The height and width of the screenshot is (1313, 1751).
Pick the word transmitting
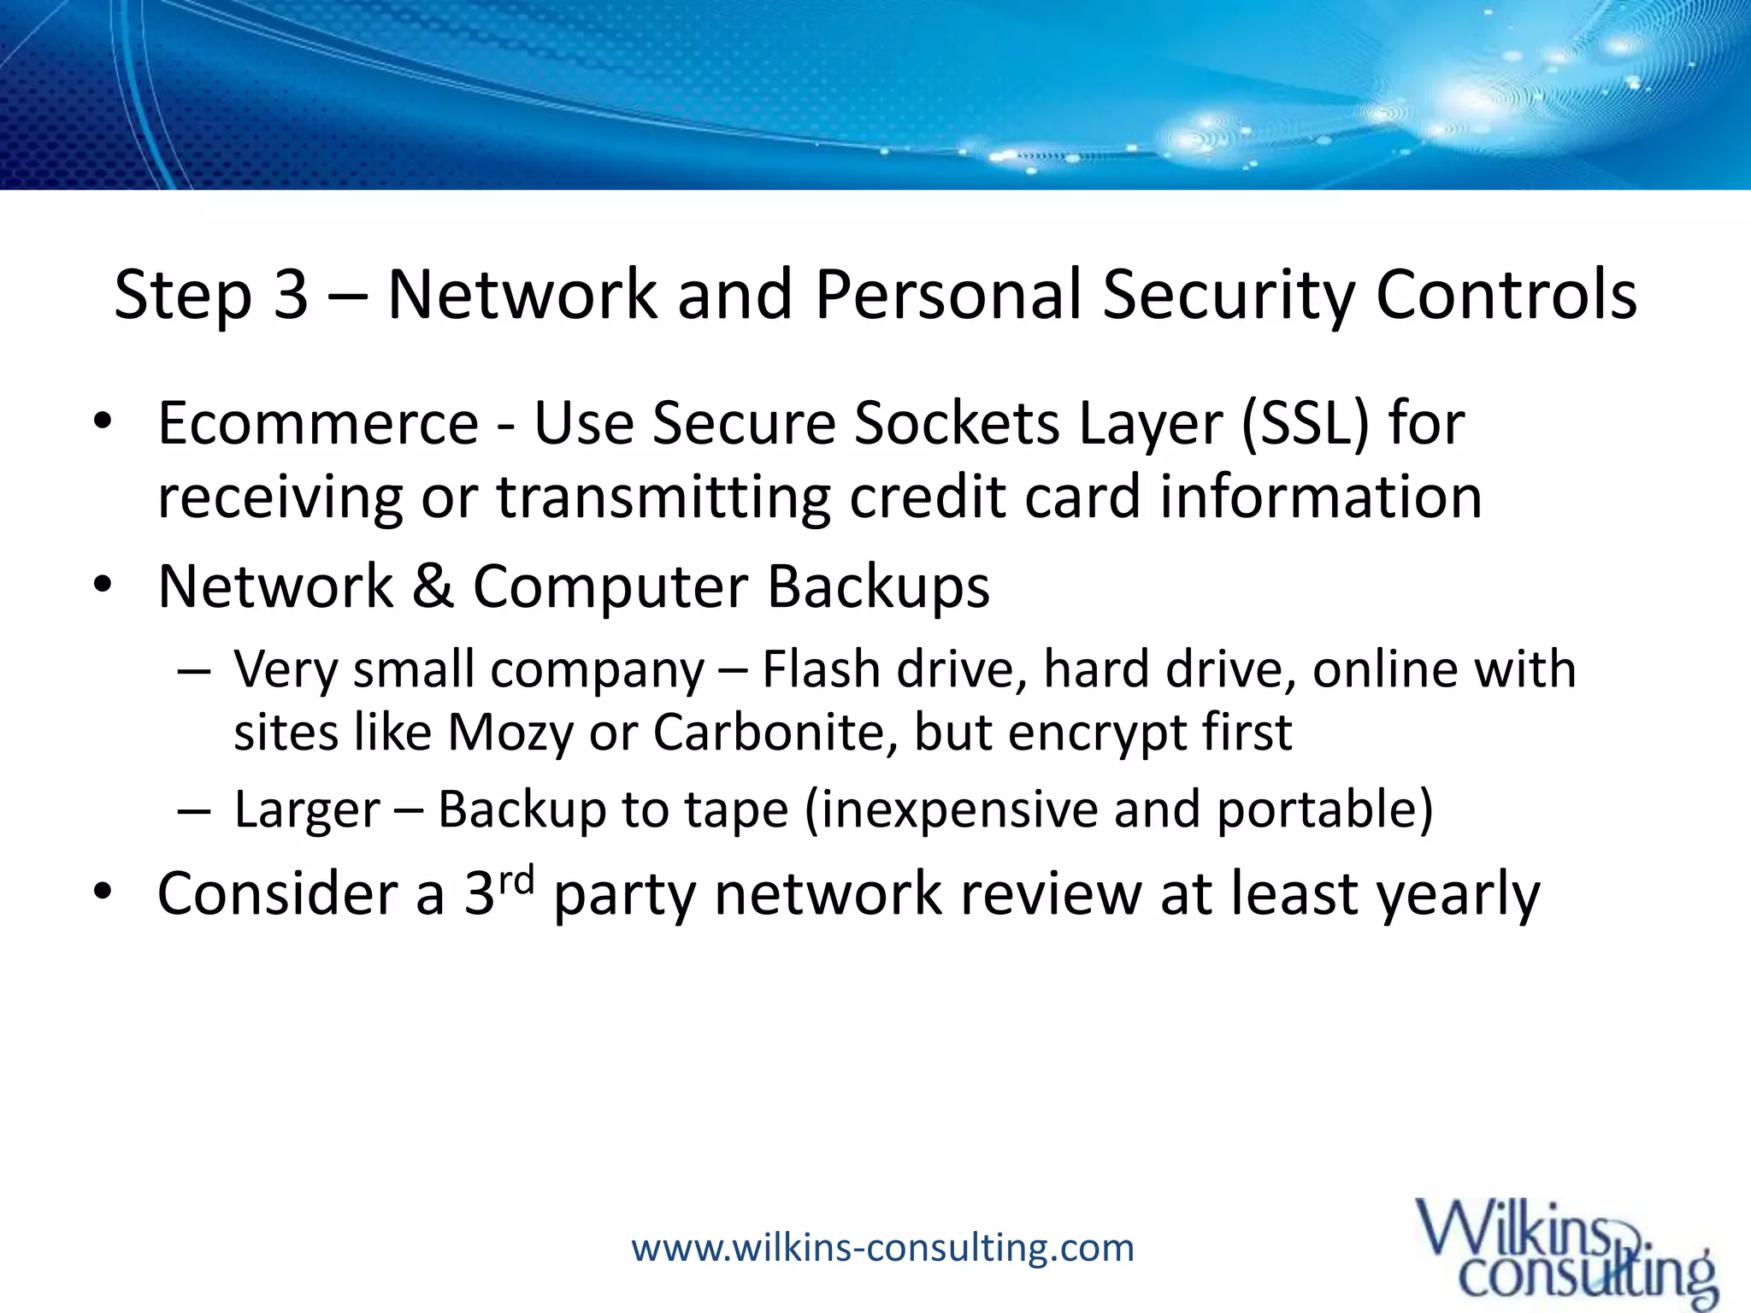[663, 498]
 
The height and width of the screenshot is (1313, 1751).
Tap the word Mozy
[510, 733]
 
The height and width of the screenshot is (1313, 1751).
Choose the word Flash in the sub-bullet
[821, 668]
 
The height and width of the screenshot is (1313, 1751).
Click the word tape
[740, 810]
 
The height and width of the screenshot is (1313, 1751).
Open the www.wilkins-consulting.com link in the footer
[882, 1248]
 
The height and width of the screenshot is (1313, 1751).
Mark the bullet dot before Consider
[103, 892]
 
